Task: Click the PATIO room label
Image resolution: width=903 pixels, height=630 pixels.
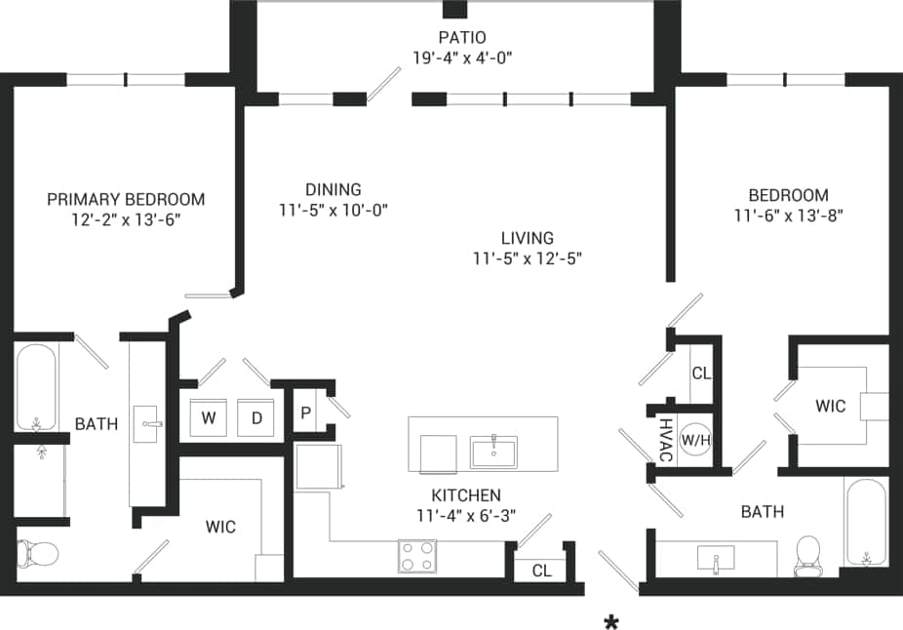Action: click(461, 38)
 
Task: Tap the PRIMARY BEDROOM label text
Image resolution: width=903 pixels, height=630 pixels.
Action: click(126, 199)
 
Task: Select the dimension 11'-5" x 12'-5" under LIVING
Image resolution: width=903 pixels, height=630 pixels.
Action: click(528, 258)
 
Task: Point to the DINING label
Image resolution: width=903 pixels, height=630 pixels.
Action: click(333, 189)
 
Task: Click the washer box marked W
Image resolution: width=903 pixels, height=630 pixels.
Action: click(208, 417)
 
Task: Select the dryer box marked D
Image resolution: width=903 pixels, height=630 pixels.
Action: click(256, 417)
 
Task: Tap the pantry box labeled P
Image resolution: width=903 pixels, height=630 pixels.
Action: click(306, 413)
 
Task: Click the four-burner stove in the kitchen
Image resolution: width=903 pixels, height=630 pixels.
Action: click(416, 556)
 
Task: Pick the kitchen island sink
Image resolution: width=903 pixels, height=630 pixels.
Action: click(492, 452)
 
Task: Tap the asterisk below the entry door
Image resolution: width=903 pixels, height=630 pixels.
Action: click(611, 622)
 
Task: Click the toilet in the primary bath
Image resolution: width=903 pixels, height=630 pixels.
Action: click(39, 554)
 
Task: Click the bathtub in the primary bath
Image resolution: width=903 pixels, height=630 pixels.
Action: click(37, 387)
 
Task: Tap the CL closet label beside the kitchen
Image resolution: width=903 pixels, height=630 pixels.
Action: click(541, 571)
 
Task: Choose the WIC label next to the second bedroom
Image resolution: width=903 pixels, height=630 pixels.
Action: click(832, 406)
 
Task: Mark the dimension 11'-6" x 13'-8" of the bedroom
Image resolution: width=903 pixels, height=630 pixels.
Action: click(788, 215)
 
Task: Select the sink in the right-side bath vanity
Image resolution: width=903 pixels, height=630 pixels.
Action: click(716, 559)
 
